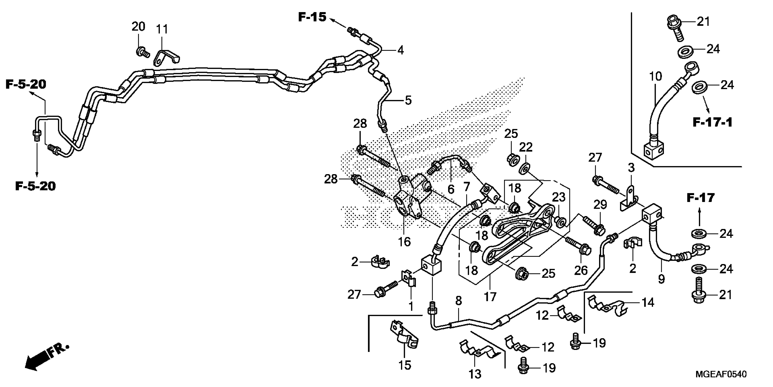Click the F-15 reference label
[x=312, y=17]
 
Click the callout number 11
[x=162, y=29]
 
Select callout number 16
[x=404, y=242]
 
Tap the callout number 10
[x=655, y=77]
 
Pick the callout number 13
[x=475, y=374]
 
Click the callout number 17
[x=490, y=297]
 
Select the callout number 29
[x=600, y=205]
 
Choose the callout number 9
[x=661, y=279]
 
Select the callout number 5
[x=408, y=100]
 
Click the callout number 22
[x=526, y=147]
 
